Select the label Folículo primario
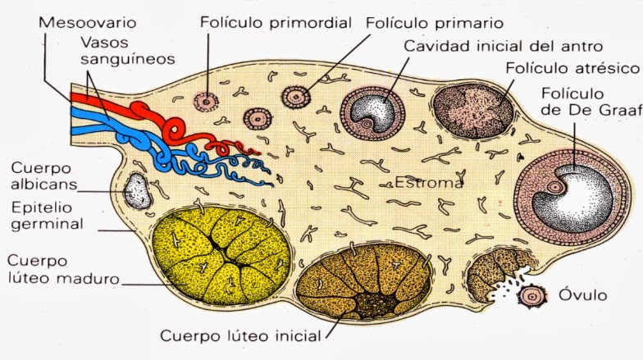coord(435,22)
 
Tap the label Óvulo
coord(583,294)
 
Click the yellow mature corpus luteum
coord(221,254)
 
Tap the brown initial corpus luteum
coord(365,284)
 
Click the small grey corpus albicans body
coord(136,190)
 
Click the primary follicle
coord(294,97)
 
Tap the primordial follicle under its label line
coord(207,101)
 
